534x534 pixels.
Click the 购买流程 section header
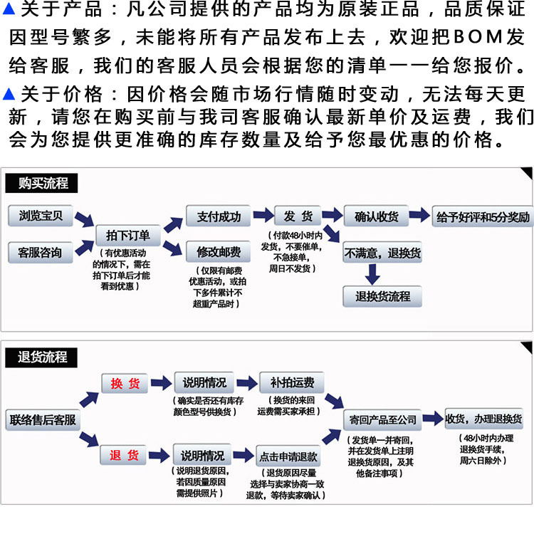pos(43,183)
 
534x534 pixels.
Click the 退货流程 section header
pos(43,357)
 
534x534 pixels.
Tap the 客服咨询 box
pos(41,251)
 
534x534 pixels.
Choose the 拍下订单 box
pos(128,235)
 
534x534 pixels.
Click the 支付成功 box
pos(219,216)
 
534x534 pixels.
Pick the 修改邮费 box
pos(219,251)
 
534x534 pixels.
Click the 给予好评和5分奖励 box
pos(483,216)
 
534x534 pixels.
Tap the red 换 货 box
pos(125,384)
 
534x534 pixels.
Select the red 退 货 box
pos(125,455)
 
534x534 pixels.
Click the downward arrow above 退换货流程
pos(372,274)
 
